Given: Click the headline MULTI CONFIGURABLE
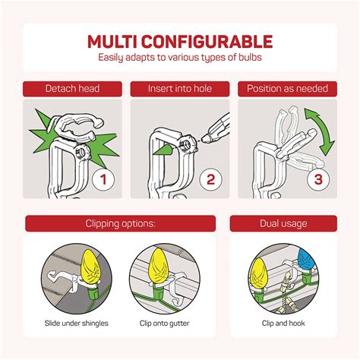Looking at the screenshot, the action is pyautogui.click(x=180, y=42).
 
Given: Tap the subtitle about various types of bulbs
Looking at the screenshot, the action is pyautogui.click(x=180, y=57).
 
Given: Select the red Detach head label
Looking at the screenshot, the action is pyautogui.click(x=72, y=89).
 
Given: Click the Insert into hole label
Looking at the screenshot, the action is pyautogui.click(x=180, y=89).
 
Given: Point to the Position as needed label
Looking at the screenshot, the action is pyautogui.click(x=287, y=89).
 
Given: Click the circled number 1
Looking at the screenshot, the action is pyautogui.click(x=103, y=179).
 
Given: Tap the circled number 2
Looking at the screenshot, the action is pyautogui.click(x=210, y=179).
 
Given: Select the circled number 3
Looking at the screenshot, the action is pyautogui.click(x=318, y=179).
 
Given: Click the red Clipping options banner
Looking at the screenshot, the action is pyautogui.click(x=121, y=223).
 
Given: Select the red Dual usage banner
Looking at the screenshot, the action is pyautogui.click(x=283, y=223).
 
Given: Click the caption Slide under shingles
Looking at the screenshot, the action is pyautogui.click(x=77, y=324).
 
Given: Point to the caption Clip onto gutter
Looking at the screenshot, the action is pyautogui.click(x=165, y=324).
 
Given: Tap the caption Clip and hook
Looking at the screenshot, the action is pyautogui.click(x=283, y=324).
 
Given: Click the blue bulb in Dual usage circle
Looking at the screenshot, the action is pyautogui.click(x=306, y=260).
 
